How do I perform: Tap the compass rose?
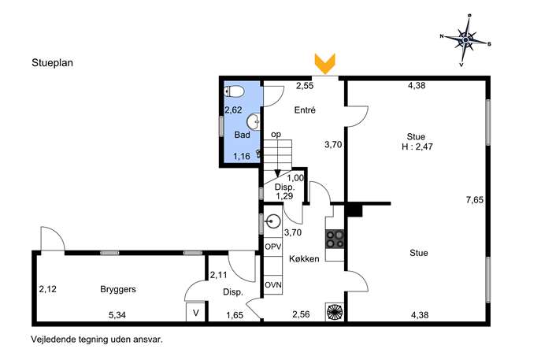(465, 40)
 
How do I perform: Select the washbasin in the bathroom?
(254, 121)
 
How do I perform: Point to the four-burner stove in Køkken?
(335, 239)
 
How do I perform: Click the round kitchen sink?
(273, 221)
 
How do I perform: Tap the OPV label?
(273, 247)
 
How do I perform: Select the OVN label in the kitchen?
(273, 285)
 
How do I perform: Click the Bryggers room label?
(118, 290)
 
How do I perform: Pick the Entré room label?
(305, 110)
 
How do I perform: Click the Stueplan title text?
(53, 63)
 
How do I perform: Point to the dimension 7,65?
(475, 200)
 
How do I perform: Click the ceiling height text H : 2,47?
(417, 147)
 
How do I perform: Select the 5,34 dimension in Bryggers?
(117, 315)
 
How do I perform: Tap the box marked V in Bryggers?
(195, 313)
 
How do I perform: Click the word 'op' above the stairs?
(276, 135)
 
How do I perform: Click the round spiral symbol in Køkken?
(335, 312)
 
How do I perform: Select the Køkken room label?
(304, 259)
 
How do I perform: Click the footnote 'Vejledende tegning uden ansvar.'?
(97, 340)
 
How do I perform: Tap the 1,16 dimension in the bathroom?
(242, 156)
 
